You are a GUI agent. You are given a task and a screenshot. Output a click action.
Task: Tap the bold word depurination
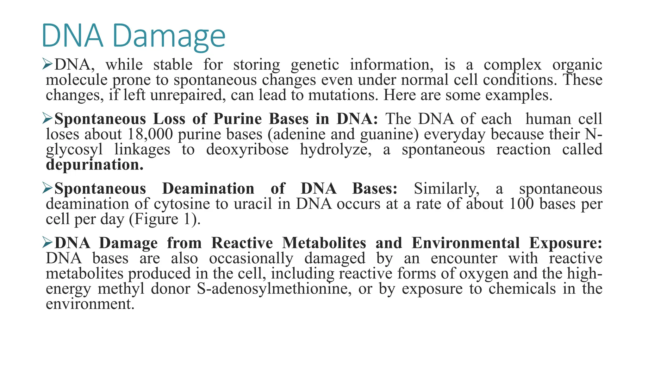coord(95,165)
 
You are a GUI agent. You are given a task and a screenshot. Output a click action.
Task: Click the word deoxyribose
coord(247,150)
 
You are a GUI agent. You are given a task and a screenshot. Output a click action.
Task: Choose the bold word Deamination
coord(208,189)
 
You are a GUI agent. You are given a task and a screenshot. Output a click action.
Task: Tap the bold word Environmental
coord(465,243)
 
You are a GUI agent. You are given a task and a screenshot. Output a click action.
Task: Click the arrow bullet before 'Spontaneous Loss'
coord(47,119)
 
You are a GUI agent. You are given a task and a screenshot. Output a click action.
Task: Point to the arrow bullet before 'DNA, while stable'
coord(47,65)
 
